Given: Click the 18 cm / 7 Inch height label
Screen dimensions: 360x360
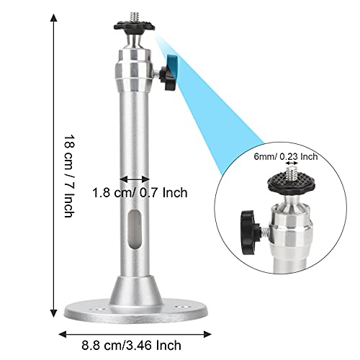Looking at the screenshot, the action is pyautogui.click(x=70, y=176).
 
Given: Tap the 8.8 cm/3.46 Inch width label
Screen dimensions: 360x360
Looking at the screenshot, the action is pyautogui.click(x=131, y=346).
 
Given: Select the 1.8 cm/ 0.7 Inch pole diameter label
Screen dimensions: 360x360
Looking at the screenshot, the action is pyautogui.click(x=140, y=193).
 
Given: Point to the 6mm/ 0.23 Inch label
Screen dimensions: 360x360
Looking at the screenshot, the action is pyautogui.click(x=286, y=157).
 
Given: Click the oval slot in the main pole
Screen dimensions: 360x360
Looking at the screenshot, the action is pyautogui.click(x=134, y=229).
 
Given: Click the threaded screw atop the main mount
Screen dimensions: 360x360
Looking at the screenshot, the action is pyautogui.click(x=134, y=17).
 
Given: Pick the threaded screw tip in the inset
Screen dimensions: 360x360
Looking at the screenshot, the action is pyautogui.click(x=292, y=174).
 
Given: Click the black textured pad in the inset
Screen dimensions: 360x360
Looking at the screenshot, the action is pyautogui.click(x=292, y=184).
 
